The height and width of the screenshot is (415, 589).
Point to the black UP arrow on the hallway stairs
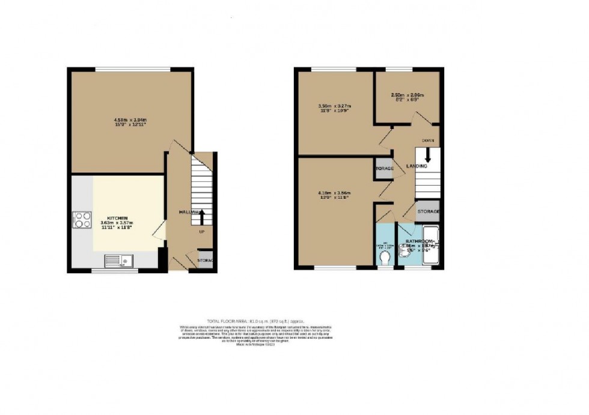point(202,216)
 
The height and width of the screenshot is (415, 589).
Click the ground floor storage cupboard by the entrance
point(204,260)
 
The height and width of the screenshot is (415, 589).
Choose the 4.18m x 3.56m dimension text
point(334,194)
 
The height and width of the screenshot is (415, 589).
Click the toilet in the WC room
point(385,258)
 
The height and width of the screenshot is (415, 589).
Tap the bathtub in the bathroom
point(432,246)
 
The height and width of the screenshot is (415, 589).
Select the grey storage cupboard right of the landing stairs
point(428,211)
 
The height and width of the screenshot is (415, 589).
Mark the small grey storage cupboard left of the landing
point(384,168)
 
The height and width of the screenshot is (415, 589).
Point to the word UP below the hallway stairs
point(202,231)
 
